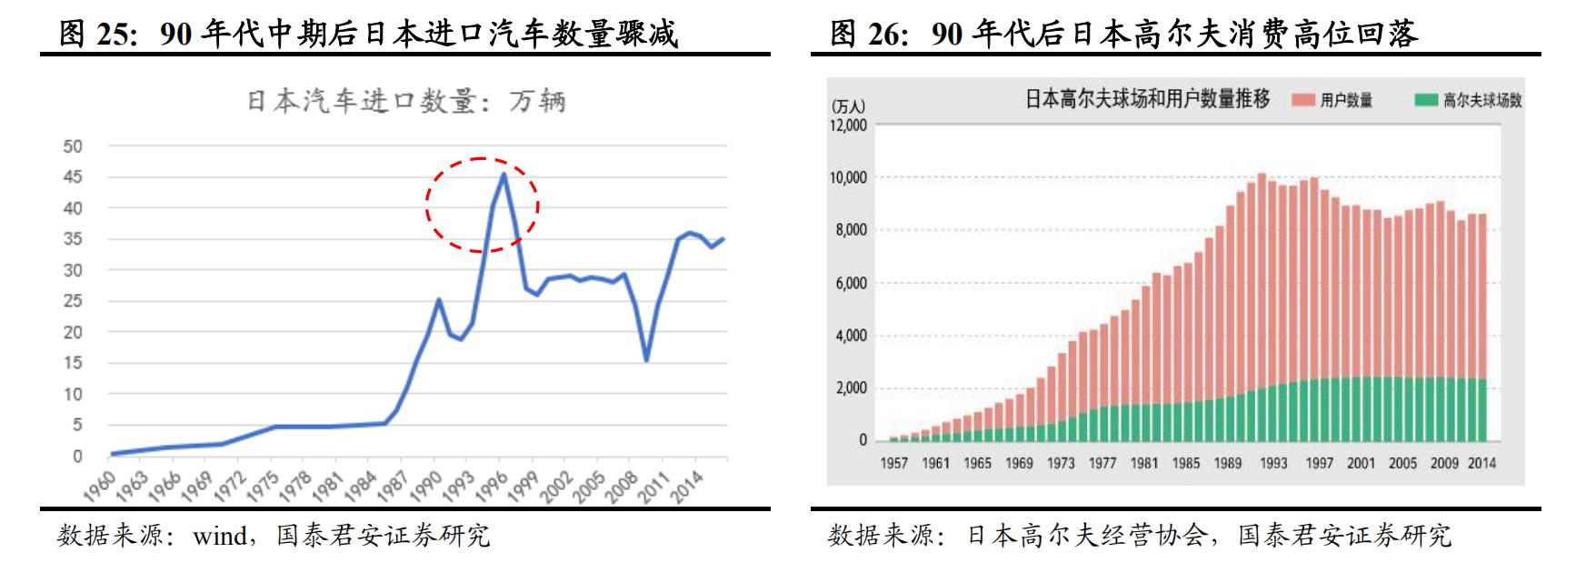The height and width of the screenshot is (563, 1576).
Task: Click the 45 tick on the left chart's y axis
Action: click(x=73, y=177)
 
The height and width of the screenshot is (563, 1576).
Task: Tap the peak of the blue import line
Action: click(x=504, y=174)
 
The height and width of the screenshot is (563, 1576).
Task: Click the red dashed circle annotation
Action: click(x=483, y=204)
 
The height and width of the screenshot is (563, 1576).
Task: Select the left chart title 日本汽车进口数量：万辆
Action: click(x=406, y=100)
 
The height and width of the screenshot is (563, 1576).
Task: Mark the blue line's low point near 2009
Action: click(x=646, y=360)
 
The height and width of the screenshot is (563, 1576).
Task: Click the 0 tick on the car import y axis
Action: click(x=77, y=457)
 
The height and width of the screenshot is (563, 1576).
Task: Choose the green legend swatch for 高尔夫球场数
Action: click(x=1426, y=100)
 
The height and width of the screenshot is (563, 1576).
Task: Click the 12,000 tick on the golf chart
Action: click(x=848, y=125)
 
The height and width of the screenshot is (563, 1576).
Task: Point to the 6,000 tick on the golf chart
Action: click(x=852, y=283)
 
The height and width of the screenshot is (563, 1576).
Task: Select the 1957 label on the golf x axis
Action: click(x=893, y=463)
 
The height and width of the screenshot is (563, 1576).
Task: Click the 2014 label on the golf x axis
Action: click(x=1481, y=463)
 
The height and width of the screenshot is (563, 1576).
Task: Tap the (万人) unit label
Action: click(x=847, y=106)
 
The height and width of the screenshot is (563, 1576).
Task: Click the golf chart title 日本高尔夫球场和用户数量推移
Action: click(x=1147, y=98)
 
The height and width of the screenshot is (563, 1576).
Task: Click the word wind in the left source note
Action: click(x=219, y=536)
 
